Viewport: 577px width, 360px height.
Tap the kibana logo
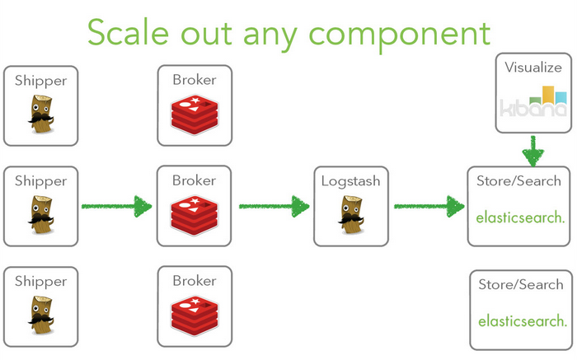[x=534, y=103]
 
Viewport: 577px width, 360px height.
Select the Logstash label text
[x=351, y=180]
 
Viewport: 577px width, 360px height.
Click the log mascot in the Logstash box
[x=351, y=217]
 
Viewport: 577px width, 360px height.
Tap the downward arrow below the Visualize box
[x=534, y=150]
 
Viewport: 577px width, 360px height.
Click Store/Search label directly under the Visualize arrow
[x=519, y=180]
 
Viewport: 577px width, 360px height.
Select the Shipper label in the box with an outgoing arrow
[x=41, y=180]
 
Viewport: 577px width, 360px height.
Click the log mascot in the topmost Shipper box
[x=42, y=115]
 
